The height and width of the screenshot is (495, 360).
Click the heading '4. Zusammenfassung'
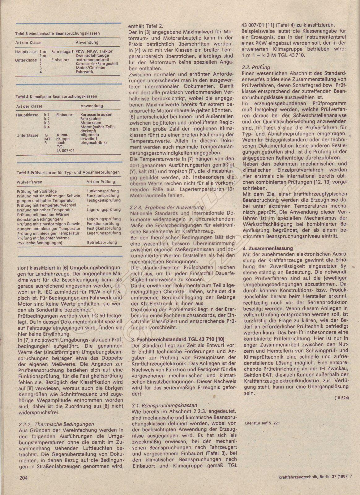268,248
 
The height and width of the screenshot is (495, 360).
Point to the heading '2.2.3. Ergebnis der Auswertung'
167,207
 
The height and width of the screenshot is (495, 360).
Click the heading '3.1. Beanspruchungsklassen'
164,405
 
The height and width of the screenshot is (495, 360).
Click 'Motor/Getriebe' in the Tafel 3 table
90,67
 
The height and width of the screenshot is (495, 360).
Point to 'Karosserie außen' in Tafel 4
96,114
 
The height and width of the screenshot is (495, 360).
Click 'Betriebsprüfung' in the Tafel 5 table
102,243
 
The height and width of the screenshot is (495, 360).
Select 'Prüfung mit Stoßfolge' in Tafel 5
37,192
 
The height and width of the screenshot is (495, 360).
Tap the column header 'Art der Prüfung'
101,182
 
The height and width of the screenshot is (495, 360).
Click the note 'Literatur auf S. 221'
262,423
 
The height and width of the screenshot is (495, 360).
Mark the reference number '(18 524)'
341,398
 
